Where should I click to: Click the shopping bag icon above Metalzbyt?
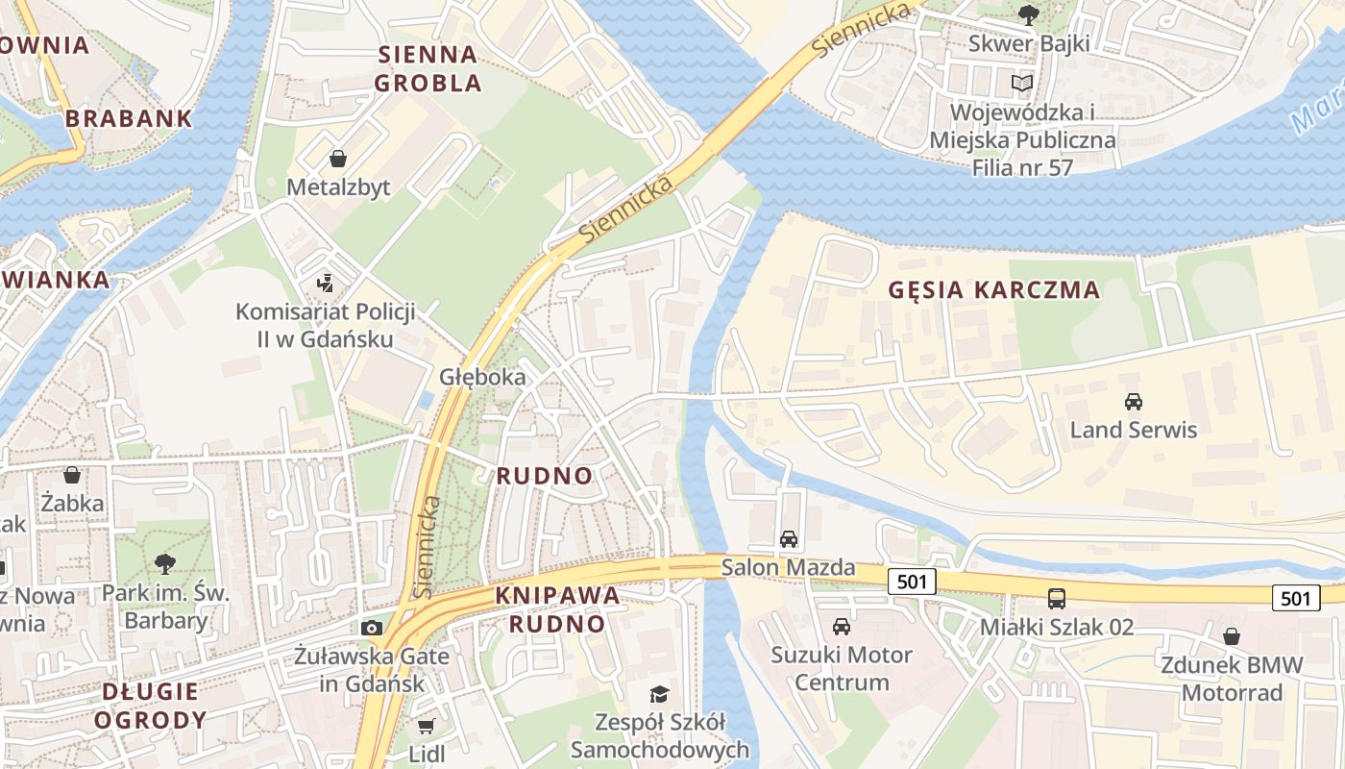coord(338,158)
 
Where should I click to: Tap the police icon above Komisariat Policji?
coord(326,283)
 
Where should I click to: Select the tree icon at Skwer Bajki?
coord(1028,14)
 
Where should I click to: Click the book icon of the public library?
coord(1022,84)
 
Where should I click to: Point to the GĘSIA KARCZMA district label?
coord(993,289)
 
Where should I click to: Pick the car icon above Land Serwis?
coord(1134,401)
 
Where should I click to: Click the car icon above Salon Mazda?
coord(789,539)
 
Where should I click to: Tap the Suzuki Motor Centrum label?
coord(842,669)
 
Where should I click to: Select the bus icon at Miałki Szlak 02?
coord(1057,599)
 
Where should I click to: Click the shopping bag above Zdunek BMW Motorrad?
coord(1232,636)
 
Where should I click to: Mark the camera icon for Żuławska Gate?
coord(372,629)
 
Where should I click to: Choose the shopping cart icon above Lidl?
coord(427,726)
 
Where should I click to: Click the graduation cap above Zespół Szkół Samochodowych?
coord(659,694)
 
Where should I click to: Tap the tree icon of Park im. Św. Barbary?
coord(165,563)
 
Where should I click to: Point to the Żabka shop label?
coord(72,502)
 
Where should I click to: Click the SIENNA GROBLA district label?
coord(428,68)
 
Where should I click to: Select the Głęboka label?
coord(482,377)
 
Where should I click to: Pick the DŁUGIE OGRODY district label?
coord(151,705)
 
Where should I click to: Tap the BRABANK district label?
coord(129,119)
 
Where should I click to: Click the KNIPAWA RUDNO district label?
coord(557,609)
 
